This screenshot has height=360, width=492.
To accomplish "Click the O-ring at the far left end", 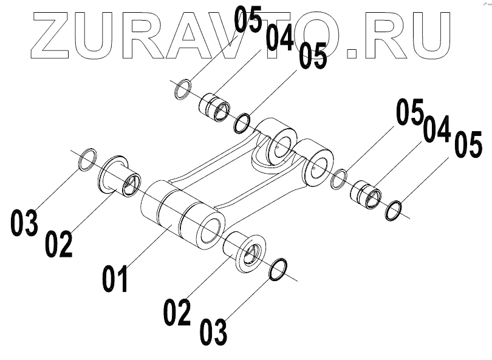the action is [x=87, y=159].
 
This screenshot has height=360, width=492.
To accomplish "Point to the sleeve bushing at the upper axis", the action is [x=215, y=104].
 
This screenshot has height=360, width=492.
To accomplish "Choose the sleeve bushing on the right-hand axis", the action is [x=367, y=191].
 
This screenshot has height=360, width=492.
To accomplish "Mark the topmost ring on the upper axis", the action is [x=182, y=89].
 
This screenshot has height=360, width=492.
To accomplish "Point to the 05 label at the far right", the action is [x=468, y=148].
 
